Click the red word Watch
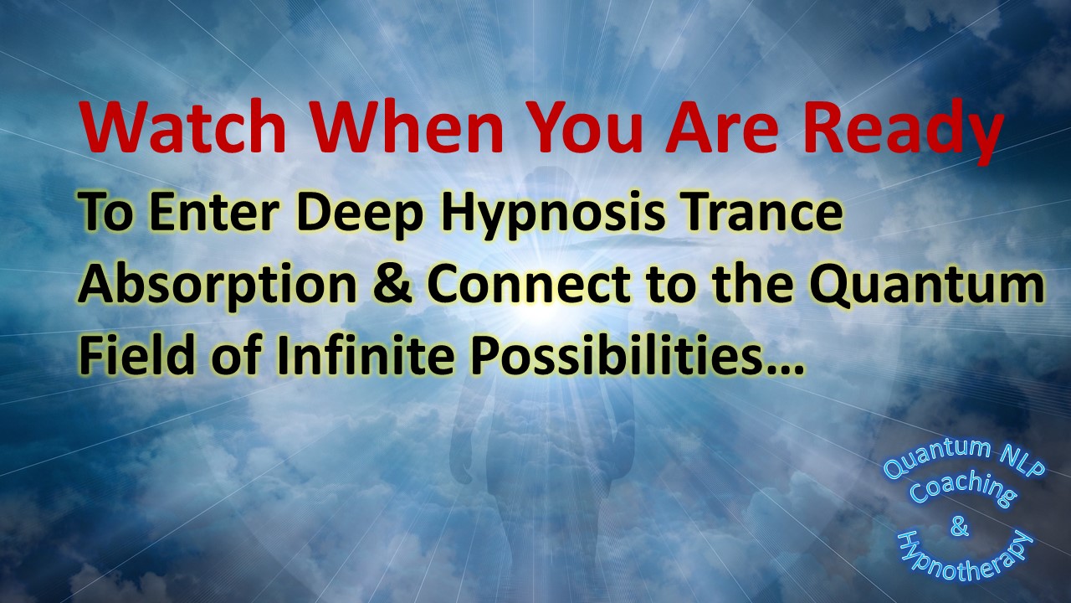[183, 128]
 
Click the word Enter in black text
[215, 213]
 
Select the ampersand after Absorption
[393, 284]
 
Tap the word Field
[137, 356]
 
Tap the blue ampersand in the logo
[959, 527]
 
